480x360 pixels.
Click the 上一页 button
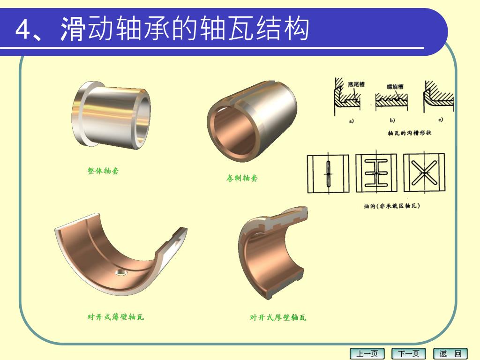(367, 354)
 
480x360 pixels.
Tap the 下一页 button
(409, 354)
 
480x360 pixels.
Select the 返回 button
(450, 354)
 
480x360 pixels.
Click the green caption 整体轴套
(103, 171)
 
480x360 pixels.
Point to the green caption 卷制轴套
(242, 178)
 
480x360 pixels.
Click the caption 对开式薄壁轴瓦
(115, 317)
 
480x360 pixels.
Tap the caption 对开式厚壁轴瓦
(278, 317)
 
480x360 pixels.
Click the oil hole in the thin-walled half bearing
(121, 272)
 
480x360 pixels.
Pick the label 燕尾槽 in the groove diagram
(356, 84)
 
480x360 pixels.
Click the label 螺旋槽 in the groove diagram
(395, 87)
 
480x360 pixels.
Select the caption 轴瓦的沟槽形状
(409, 133)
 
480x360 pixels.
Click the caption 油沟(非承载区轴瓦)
(392, 206)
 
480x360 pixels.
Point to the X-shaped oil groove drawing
(424, 172)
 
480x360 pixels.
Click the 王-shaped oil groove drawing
(376, 172)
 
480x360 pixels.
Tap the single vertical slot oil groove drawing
(328, 173)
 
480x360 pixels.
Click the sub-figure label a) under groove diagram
(352, 121)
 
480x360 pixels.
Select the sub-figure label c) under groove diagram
(441, 120)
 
